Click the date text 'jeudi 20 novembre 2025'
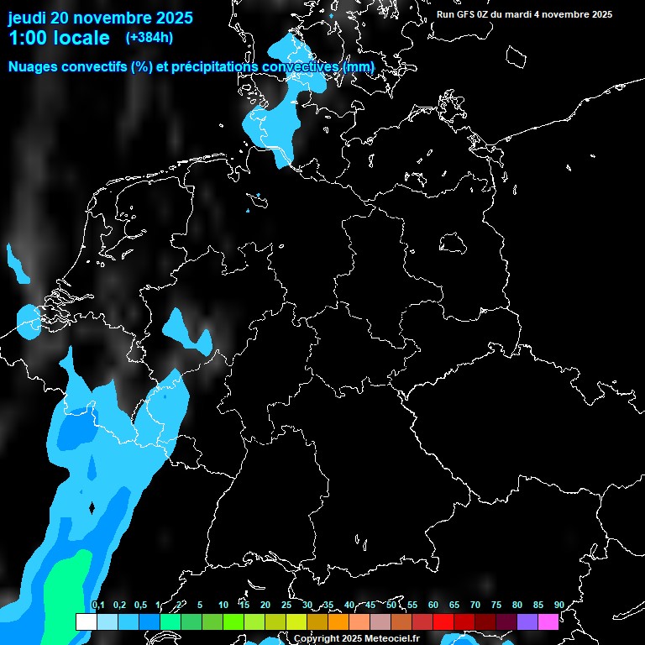[100, 18]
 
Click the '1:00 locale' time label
[59, 38]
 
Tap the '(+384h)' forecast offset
[149, 38]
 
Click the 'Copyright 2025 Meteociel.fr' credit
[356, 638]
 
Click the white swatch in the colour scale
[87, 621]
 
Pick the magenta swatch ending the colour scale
[548, 621]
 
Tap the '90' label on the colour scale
[558, 605]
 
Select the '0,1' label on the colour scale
[98, 605]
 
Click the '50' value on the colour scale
[391, 605]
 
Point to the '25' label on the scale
[286, 605]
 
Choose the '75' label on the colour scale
[496, 605]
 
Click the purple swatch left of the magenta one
[527, 621]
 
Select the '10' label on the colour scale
[223, 605]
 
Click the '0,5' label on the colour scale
[140, 605]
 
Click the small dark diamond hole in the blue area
[92, 507]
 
